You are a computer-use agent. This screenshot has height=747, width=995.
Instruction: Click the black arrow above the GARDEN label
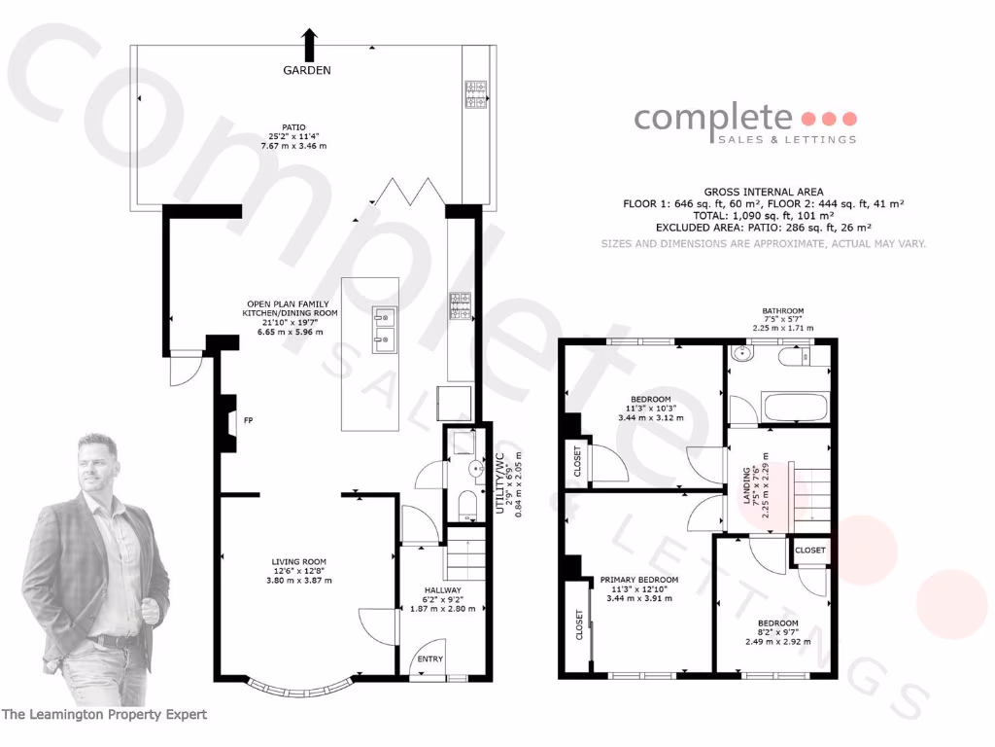(x=310, y=45)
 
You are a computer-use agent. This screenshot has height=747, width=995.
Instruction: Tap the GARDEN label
(x=307, y=70)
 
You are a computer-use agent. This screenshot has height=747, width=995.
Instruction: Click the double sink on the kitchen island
(x=384, y=327)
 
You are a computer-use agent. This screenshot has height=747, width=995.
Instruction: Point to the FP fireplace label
(x=248, y=421)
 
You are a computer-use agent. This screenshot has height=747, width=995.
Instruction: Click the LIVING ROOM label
(x=298, y=561)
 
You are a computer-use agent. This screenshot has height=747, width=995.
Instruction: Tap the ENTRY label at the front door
(x=429, y=659)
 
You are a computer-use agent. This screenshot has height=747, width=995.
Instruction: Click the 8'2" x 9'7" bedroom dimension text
(x=777, y=632)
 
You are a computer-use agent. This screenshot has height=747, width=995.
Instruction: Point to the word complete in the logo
(x=713, y=118)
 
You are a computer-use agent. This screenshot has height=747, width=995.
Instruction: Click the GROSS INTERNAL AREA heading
(x=763, y=192)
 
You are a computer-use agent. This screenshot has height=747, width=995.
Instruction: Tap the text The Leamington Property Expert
(x=104, y=715)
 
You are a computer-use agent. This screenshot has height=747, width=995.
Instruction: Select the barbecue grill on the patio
(x=476, y=94)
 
